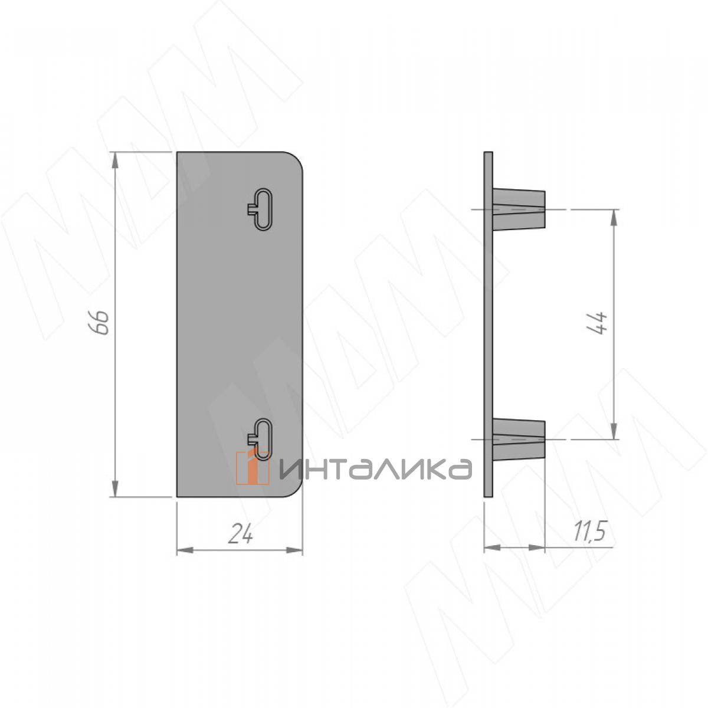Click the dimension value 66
click(x=100, y=322)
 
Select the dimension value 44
click(x=597, y=323)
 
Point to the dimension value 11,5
click(x=589, y=531)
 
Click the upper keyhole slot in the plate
click(x=261, y=210)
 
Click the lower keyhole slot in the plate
click(x=261, y=439)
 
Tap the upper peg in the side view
click(x=519, y=209)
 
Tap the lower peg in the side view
click(x=519, y=440)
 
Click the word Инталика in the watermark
click(x=375, y=469)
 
